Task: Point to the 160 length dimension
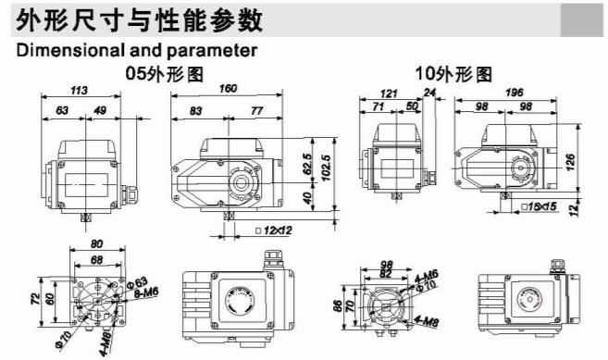228,90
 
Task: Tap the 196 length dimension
515,91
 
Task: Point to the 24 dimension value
428,91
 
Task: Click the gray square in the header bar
580,18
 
